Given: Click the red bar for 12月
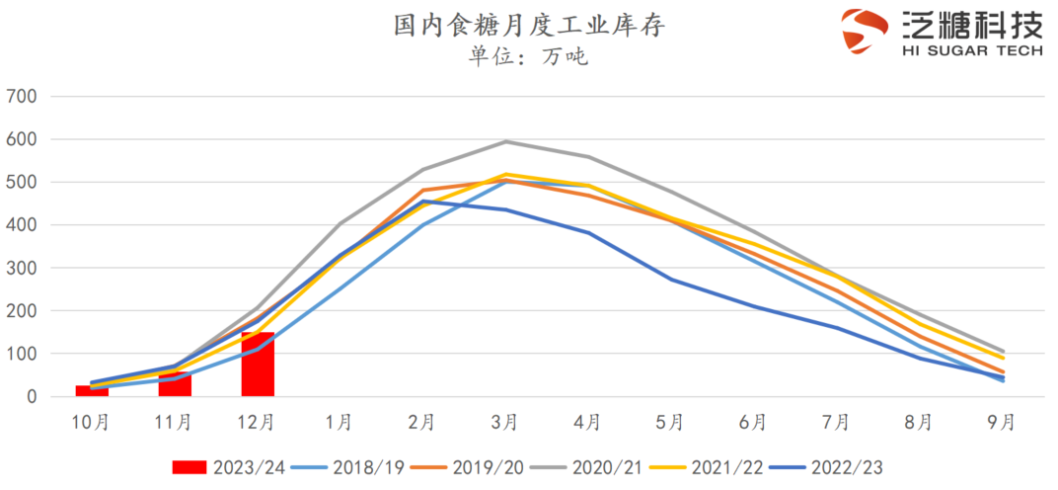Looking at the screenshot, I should point(258,366).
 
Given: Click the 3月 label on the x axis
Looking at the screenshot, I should point(504,423).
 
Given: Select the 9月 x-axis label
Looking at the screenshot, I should point(1001,423).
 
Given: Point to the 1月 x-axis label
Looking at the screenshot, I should point(340,423).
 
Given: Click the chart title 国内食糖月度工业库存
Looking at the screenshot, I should point(528,26).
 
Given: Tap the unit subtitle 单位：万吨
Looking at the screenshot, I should point(528,56).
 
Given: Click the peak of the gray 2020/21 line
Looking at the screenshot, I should point(505,141).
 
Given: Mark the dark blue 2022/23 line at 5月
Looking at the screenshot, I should point(671,280).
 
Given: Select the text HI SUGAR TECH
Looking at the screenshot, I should point(971,48).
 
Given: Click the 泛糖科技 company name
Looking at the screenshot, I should point(971,23).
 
